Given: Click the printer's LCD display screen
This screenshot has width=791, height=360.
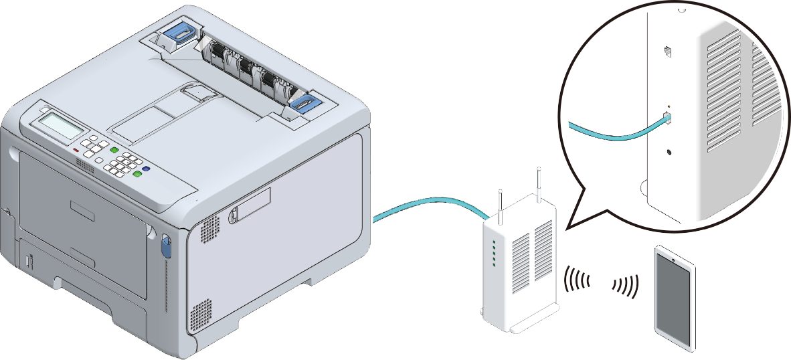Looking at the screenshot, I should click(61, 125).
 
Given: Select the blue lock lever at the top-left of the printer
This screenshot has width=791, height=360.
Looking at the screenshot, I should click(179, 33).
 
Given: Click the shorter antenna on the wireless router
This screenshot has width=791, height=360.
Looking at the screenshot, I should click(499, 203).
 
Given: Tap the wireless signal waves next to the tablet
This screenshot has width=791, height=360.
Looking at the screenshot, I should click(626, 285).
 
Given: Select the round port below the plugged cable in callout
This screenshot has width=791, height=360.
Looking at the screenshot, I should click(669, 152).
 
